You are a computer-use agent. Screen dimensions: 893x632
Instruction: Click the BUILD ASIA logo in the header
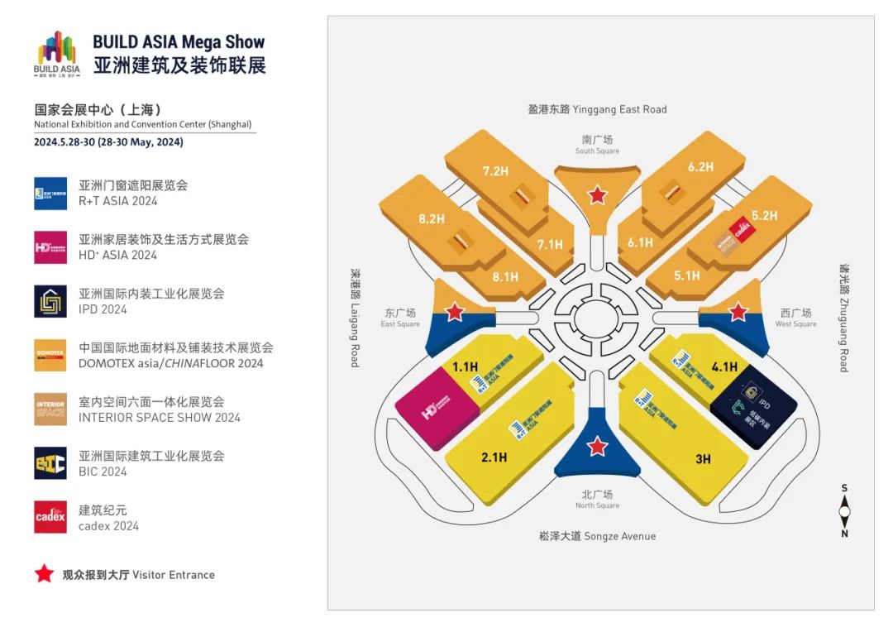(57, 54)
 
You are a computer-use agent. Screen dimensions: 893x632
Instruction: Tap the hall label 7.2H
(495, 171)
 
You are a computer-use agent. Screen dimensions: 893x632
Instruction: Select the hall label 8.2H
(432, 219)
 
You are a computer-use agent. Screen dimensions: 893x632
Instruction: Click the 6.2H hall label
(700, 166)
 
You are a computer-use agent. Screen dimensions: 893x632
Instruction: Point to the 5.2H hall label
(765, 215)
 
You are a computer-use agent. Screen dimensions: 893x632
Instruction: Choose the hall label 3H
(703, 459)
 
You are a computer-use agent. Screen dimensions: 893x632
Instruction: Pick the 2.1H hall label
(494, 457)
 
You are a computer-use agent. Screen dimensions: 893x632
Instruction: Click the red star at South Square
(597, 195)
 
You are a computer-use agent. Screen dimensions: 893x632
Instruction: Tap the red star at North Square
(597, 448)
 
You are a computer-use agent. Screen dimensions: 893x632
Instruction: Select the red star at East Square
(455, 312)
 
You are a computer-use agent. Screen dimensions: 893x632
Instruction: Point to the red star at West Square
(738, 312)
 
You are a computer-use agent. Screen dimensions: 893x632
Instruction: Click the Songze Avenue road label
(597, 536)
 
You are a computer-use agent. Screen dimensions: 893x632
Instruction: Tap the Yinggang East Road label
(597, 109)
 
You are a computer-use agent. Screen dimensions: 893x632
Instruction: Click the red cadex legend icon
(50, 517)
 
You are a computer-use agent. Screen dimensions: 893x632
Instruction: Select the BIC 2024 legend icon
(50, 463)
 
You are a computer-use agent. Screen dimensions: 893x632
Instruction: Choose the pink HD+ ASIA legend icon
(50, 247)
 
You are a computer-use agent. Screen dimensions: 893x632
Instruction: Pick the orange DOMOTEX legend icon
(50, 355)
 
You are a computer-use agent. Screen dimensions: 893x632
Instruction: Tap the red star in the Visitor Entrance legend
(44, 574)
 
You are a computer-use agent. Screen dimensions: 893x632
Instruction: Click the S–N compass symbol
(844, 511)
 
